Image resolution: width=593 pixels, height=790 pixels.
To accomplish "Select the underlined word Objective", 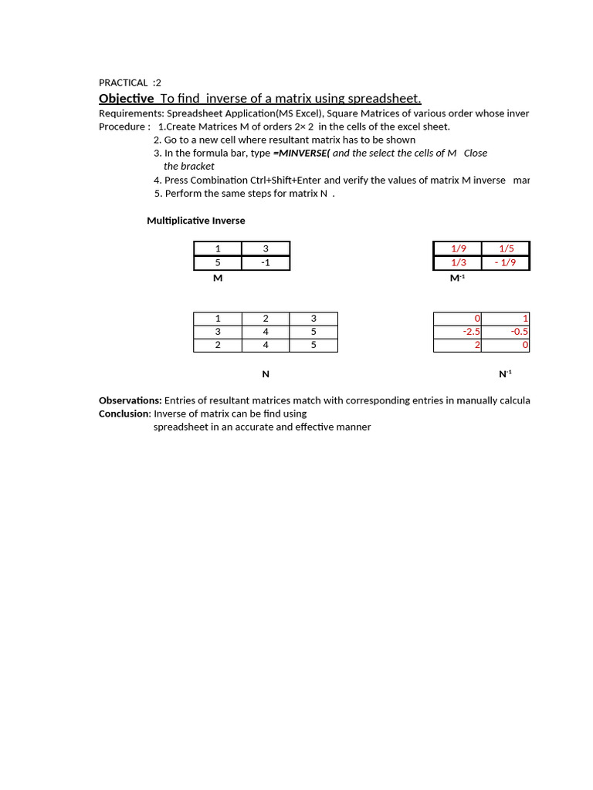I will (x=127, y=98).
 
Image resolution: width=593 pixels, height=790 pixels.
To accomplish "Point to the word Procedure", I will (x=122, y=127).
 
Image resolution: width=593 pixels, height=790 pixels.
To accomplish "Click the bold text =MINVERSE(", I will (x=301, y=153).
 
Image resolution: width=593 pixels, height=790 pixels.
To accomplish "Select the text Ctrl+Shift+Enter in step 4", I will (x=286, y=180).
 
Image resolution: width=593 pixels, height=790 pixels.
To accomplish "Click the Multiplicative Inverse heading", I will (x=196, y=221).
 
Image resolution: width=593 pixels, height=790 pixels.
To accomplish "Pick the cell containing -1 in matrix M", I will (x=266, y=262).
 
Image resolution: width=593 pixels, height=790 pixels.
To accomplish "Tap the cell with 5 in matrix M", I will (x=218, y=262).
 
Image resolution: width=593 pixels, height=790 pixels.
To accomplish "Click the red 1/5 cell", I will (x=506, y=248).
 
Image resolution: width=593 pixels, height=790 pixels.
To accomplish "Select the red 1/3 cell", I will (x=458, y=262).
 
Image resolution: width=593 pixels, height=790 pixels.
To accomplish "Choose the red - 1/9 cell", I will (x=506, y=262).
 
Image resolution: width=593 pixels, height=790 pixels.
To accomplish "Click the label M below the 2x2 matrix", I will (x=218, y=278).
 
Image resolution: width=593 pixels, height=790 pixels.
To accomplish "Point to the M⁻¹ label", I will (x=457, y=278).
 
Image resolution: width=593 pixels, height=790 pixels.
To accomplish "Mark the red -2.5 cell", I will (x=471, y=332).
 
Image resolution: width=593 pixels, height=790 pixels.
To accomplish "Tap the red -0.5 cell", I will (x=519, y=332).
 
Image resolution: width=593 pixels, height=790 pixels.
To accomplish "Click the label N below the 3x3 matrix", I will (x=266, y=374).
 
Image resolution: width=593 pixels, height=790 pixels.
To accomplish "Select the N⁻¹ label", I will (x=505, y=374).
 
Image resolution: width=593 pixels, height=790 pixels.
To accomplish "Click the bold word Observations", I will (x=130, y=400).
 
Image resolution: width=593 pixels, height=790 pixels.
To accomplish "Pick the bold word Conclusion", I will (x=124, y=414).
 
